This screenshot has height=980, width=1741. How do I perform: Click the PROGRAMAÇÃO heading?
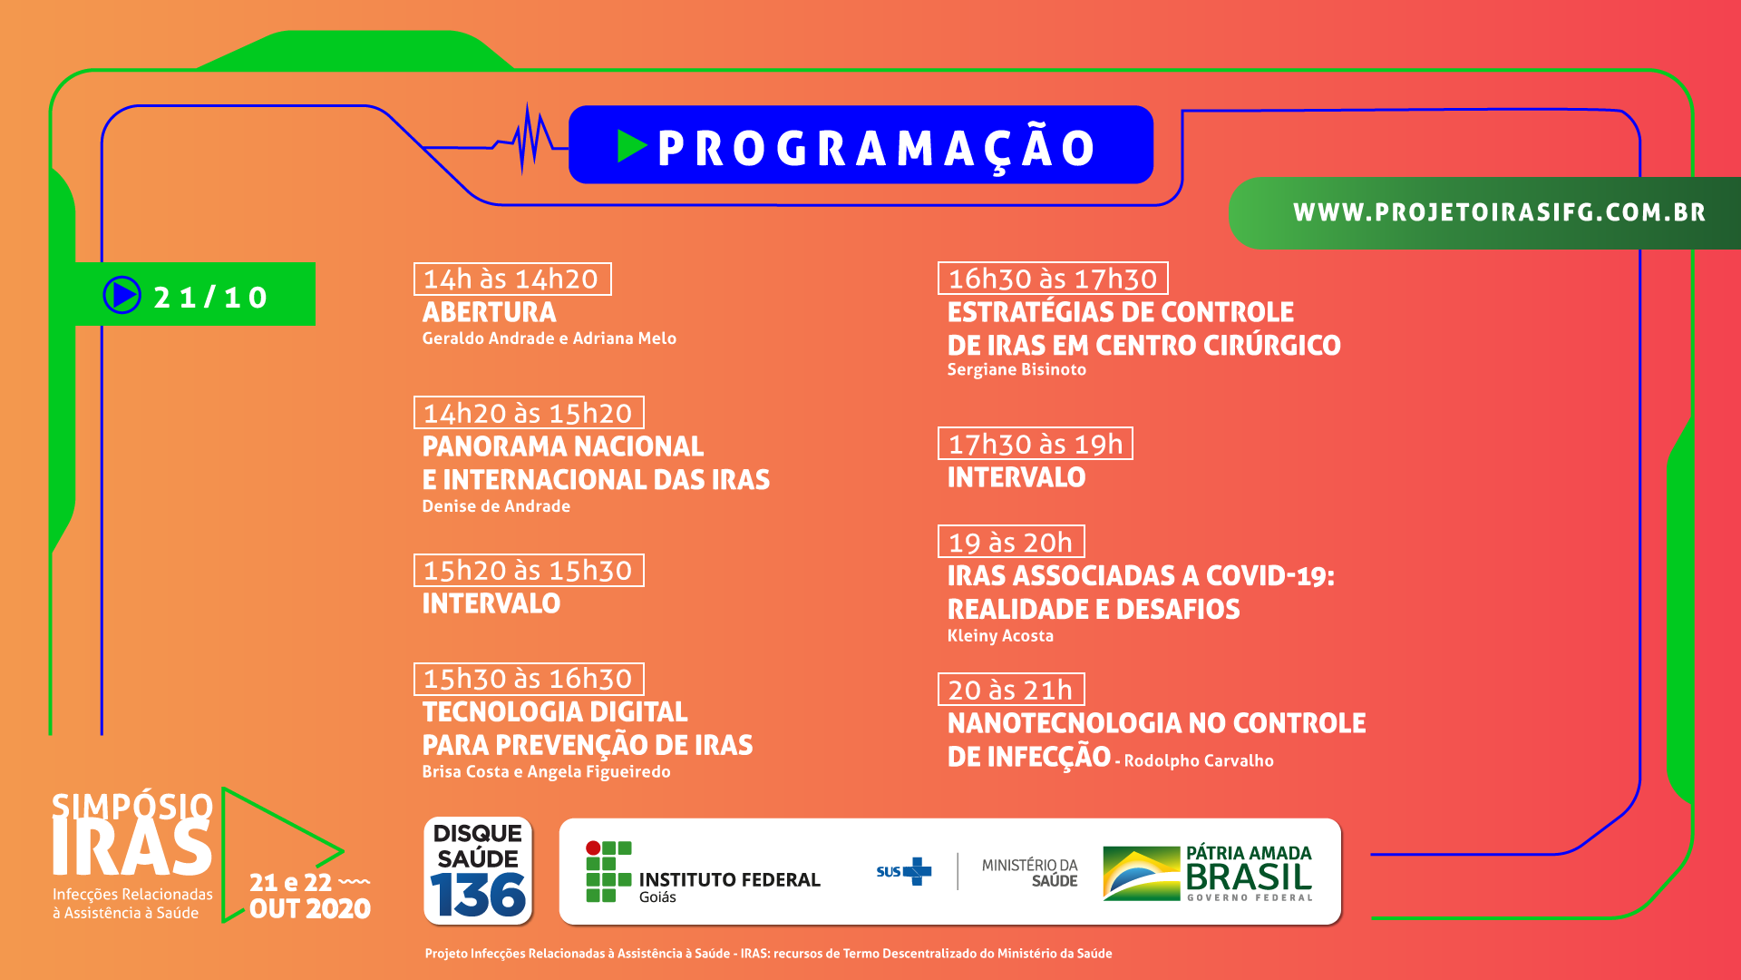[876, 148]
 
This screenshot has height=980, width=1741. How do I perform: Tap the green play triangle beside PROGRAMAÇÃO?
[631, 146]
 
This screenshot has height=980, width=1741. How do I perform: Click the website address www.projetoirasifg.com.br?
[1499, 212]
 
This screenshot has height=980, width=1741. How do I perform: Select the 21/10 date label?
[210, 297]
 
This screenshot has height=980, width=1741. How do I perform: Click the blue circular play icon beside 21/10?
[122, 295]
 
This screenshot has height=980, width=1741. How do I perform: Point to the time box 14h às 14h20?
[512, 279]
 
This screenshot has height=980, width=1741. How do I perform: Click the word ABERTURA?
[490, 312]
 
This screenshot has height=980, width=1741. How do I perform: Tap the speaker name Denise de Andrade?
[496, 506]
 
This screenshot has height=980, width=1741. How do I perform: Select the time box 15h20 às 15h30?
[529, 570]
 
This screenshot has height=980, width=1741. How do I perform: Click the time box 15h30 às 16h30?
[529, 679]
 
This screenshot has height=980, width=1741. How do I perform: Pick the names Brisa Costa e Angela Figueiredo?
[546, 772]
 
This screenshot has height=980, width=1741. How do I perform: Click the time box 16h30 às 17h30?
[1053, 279]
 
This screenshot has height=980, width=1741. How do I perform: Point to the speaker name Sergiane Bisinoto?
[1016, 369]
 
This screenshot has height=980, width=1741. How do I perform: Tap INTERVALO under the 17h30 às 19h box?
[1016, 477]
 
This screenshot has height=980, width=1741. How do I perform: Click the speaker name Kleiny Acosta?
[1000, 636]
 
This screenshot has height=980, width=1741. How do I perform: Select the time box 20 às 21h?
[1011, 690]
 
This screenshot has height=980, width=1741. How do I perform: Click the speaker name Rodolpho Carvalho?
[1199, 760]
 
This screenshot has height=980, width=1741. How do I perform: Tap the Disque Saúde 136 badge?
[478, 871]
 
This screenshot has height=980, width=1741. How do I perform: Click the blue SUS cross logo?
[917, 871]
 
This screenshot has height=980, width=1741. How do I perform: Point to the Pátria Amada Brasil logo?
[1208, 873]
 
